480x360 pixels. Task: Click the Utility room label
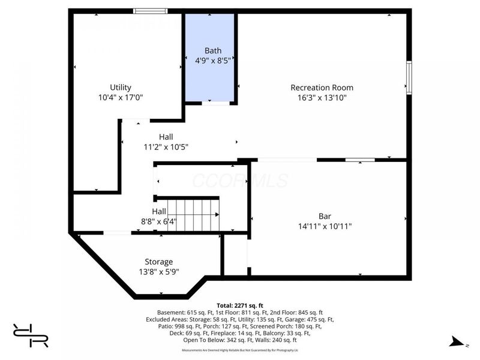[x=121, y=87]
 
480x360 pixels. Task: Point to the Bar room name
[x=325, y=216]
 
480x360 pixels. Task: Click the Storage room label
[x=158, y=262]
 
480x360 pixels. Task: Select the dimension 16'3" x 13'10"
[x=322, y=97]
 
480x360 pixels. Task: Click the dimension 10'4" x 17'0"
[x=121, y=97]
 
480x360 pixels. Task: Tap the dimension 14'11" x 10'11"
[x=325, y=226]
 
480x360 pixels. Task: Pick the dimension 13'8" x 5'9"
[x=158, y=271]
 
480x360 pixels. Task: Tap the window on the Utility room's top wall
[x=150, y=11]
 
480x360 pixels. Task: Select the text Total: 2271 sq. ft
[x=240, y=304]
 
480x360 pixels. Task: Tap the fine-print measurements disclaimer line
[x=240, y=350]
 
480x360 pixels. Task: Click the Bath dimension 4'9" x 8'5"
[x=213, y=60]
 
